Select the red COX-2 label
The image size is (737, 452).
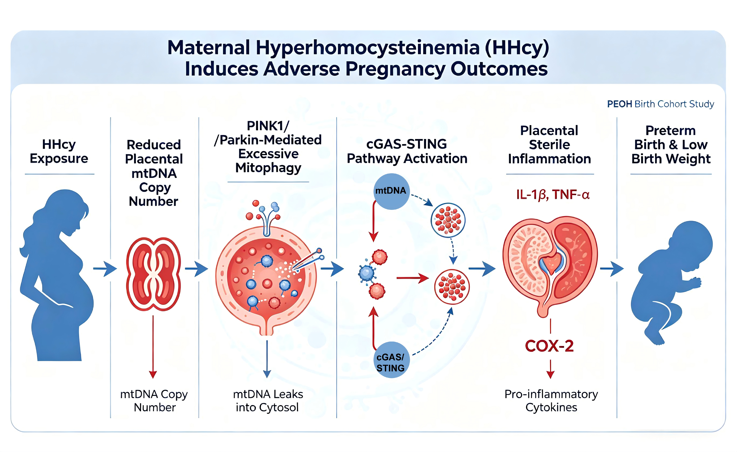549,346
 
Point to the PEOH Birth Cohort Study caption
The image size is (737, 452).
660,104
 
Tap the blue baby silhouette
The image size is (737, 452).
671,283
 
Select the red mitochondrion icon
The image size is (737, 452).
153,274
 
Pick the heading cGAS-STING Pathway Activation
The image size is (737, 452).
407,151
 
